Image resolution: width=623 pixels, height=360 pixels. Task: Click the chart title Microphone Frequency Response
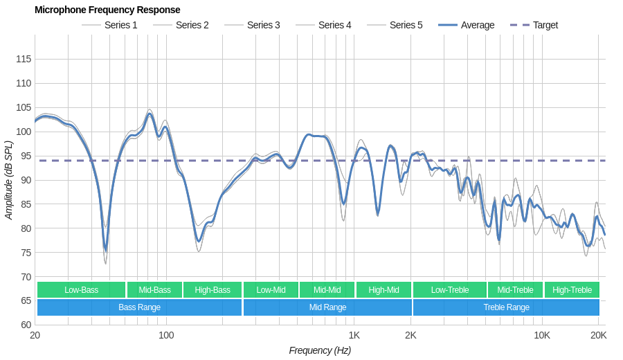(107, 10)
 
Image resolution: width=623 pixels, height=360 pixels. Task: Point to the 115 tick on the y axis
(24, 59)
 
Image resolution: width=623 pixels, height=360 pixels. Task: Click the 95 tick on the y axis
(24, 156)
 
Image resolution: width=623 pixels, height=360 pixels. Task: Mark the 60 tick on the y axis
(24, 325)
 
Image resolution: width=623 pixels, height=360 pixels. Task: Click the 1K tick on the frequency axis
(354, 336)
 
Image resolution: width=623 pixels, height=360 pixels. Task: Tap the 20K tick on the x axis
(598, 336)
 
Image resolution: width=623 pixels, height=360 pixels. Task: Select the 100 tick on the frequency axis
(166, 336)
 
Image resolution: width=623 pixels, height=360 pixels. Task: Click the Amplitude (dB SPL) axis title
(9, 180)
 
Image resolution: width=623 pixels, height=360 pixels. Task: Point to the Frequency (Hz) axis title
(320, 350)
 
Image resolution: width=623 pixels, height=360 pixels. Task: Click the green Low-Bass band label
(82, 290)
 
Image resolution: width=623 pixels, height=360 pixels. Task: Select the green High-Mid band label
(383, 290)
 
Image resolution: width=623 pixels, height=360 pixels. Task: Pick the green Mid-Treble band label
(515, 290)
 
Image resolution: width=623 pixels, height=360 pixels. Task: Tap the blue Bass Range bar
(139, 307)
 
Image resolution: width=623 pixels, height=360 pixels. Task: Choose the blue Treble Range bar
(506, 307)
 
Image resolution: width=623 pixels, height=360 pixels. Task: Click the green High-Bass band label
(213, 290)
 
